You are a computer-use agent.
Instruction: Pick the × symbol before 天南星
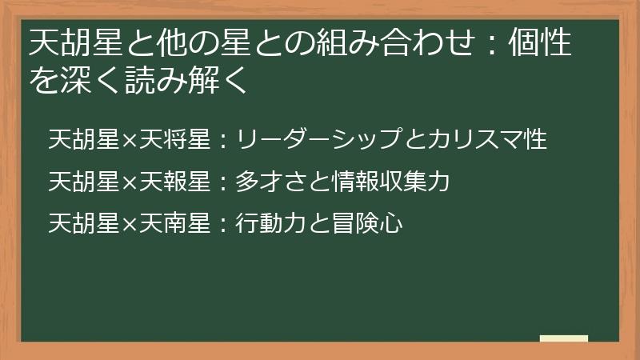[130, 224]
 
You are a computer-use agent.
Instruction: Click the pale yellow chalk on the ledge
[563, 338]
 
